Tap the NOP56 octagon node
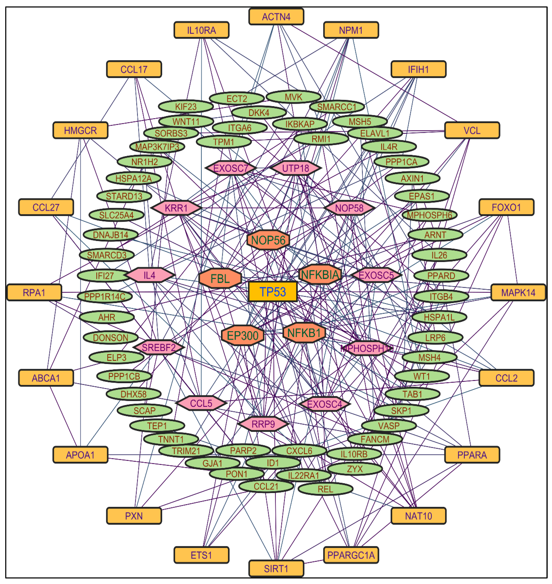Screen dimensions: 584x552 [268, 240]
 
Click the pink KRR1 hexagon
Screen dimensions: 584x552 [176, 208]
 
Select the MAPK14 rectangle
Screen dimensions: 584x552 [518, 292]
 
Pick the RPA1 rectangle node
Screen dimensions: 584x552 [34, 292]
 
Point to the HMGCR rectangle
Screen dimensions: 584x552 [80, 130]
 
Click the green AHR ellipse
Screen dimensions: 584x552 [107, 317]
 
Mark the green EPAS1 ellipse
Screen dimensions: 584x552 [422, 196]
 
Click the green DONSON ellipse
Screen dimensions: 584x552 [111, 337]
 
